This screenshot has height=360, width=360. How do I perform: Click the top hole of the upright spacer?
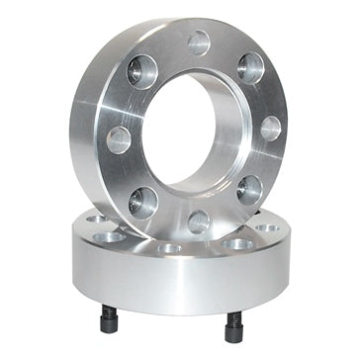[x=199, y=42]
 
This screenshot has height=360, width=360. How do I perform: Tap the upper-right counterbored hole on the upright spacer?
[x=251, y=68]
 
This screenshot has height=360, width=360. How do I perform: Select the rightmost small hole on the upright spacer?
[x=270, y=129]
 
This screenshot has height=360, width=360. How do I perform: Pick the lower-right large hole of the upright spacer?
[x=249, y=189]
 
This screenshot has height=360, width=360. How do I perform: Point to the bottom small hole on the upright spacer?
[x=199, y=221]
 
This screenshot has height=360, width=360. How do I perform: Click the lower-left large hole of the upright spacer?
[x=142, y=201]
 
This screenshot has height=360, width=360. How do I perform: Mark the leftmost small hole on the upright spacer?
[x=119, y=138]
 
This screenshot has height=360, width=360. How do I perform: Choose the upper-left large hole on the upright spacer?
[x=142, y=71]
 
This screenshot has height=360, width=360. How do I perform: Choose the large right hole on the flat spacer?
[x=237, y=243]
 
